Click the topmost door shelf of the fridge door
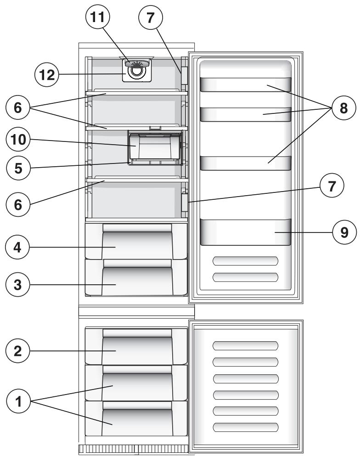pos(246,85)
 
